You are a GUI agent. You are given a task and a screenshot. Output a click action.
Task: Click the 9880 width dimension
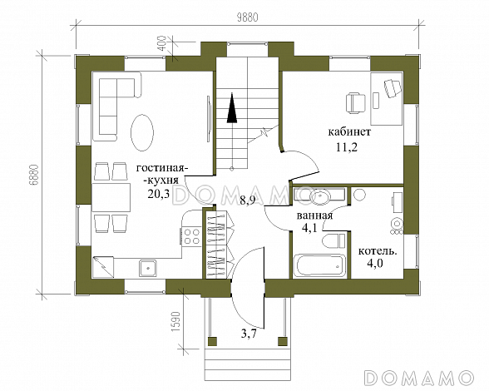point(248,17)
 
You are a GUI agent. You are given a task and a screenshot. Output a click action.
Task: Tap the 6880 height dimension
point(34,175)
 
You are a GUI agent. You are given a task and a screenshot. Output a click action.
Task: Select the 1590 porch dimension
point(176,321)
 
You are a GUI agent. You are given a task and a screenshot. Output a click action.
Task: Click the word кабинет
point(349,132)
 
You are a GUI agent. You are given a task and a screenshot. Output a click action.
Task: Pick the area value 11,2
point(347,146)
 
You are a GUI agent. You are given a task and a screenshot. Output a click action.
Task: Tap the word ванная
point(314,215)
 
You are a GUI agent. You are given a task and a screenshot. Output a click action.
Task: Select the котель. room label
point(378,251)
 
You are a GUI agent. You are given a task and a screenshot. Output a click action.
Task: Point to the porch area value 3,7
point(249,334)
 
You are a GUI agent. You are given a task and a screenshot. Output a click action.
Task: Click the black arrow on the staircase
point(232,107)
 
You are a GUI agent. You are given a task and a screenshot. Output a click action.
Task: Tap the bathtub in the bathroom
point(319,266)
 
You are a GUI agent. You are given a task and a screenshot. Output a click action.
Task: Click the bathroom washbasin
point(320,196)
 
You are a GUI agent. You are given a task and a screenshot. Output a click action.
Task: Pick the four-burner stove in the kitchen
point(191,236)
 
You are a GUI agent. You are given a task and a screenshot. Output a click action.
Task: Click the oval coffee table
point(142,132)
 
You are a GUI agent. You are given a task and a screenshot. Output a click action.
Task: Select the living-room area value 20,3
point(159,194)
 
